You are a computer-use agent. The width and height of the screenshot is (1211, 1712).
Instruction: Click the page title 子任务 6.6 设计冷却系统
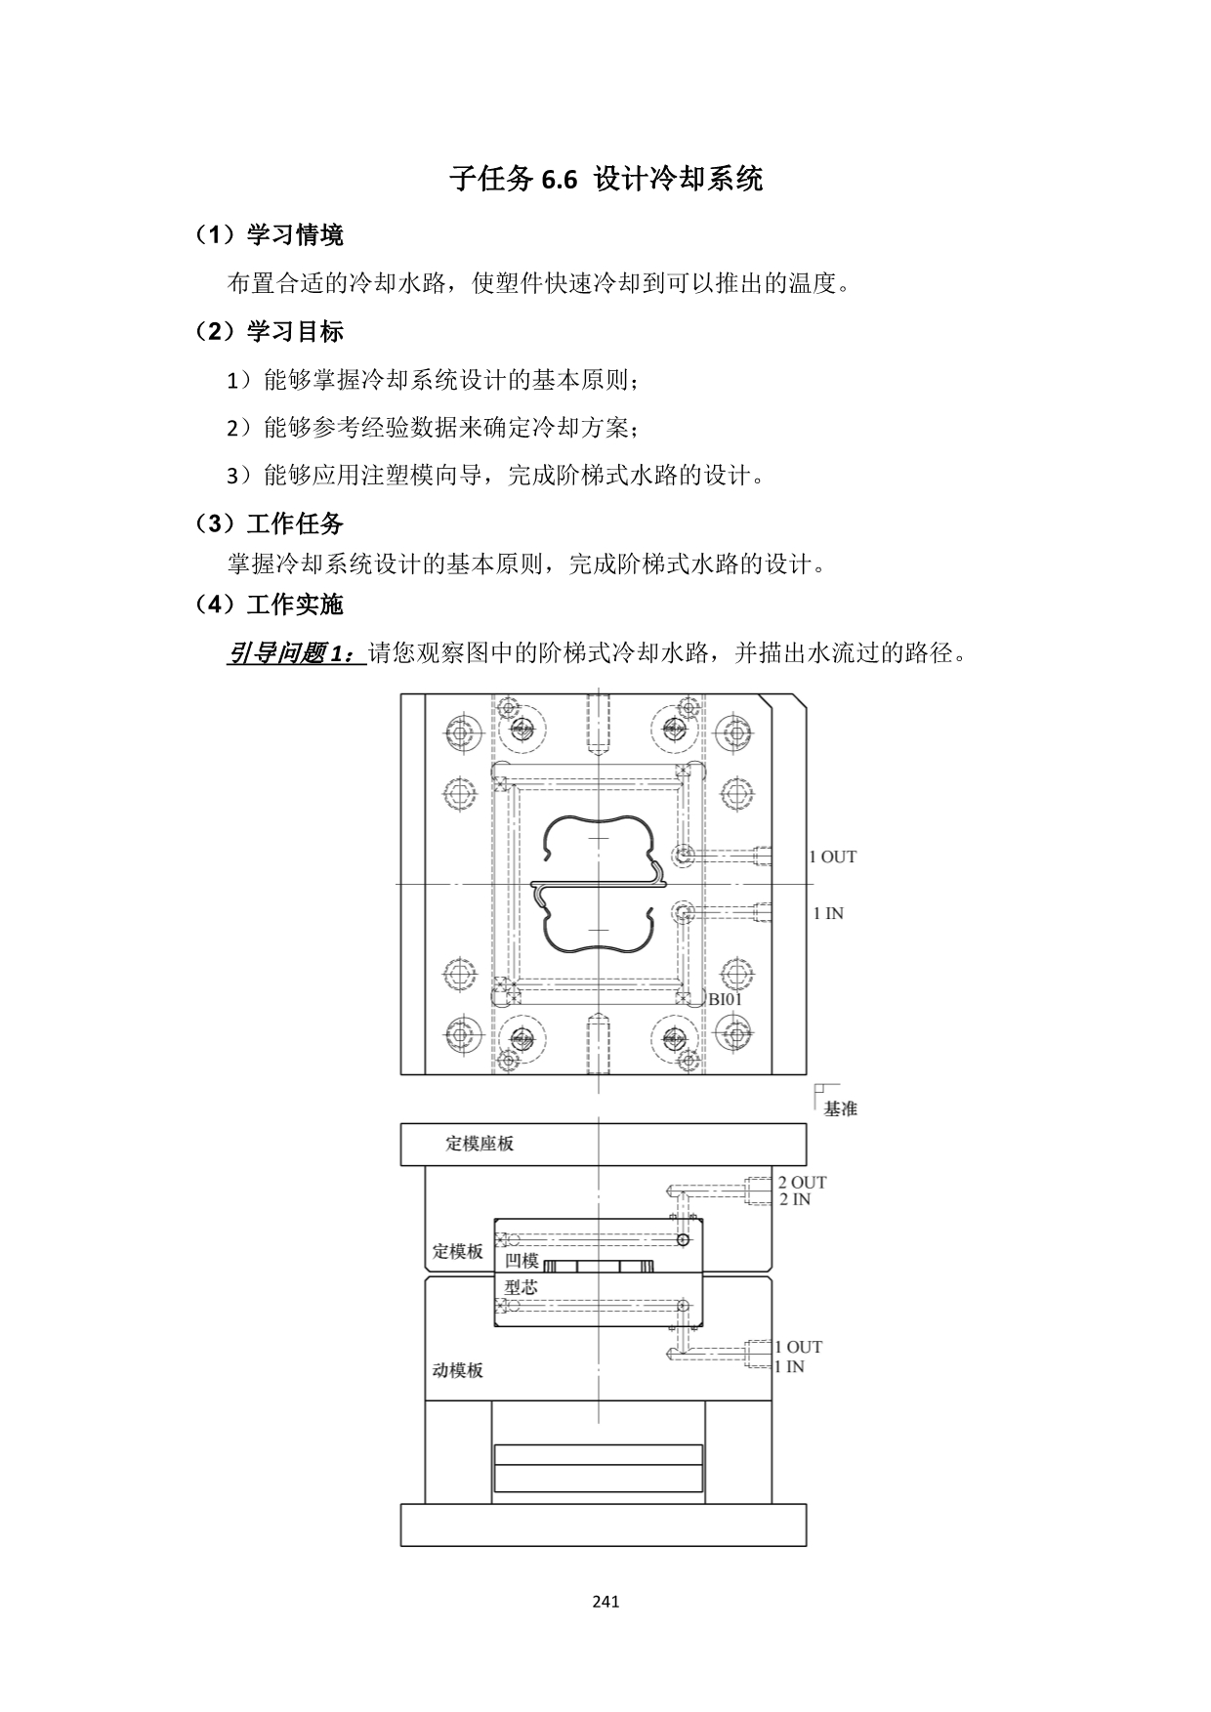[605, 179]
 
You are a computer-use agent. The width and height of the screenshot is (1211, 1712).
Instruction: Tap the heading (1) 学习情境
[269, 235]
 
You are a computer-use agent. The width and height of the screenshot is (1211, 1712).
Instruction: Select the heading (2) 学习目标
[269, 332]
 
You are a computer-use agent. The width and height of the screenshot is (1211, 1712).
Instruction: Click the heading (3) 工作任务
[269, 524]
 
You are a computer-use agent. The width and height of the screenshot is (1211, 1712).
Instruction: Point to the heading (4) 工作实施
[269, 605]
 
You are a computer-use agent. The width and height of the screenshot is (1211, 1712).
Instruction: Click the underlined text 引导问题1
[297, 653]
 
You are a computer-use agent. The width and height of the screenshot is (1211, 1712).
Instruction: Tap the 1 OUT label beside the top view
[832, 857]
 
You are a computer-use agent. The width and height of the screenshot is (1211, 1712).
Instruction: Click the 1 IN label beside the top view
[828, 914]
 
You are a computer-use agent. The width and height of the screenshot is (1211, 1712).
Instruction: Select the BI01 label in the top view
[726, 1000]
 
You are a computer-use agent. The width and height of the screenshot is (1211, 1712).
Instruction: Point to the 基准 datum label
[841, 1109]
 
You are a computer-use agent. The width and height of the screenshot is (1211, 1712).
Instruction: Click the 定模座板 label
[480, 1144]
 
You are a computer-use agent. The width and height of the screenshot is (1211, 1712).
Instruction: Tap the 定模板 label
[458, 1252]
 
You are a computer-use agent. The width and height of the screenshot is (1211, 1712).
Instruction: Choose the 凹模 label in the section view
[522, 1261]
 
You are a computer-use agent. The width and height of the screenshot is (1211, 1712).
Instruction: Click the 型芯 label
[521, 1287]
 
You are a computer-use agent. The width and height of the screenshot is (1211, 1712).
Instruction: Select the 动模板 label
[458, 1370]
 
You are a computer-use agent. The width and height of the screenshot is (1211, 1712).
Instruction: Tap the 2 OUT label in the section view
[802, 1183]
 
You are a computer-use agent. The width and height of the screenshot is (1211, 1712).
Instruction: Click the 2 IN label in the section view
[795, 1199]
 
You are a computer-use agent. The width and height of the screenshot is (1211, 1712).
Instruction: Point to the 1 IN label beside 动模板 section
[789, 1367]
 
